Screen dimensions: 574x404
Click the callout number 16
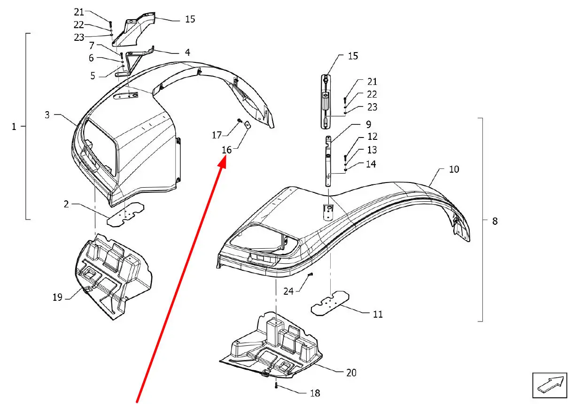pos(227,150)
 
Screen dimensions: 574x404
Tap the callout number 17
pos(217,135)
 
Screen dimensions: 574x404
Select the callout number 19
pos(57,297)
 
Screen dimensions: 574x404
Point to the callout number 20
pos(351,373)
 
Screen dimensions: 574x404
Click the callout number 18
pos(315,393)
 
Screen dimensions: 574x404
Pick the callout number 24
pos(288,291)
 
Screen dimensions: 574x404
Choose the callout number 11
pos(378,314)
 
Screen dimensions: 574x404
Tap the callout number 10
pos(454,169)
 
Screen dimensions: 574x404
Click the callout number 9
pos(368,124)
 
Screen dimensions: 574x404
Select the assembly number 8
pos(495,221)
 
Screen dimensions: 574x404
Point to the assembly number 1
pos(14,127)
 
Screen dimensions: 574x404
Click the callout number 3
pos(47,114)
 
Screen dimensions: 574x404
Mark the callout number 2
pos(66,204)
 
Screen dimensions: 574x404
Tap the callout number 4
pos(187,52)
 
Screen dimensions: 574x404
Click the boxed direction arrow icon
pos(550,385)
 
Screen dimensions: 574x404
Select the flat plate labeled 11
pos(330,303)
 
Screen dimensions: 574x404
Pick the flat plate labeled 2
pos(125,214)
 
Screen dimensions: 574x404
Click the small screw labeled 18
pos(276,385)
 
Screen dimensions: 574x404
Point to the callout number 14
pos(371,164)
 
